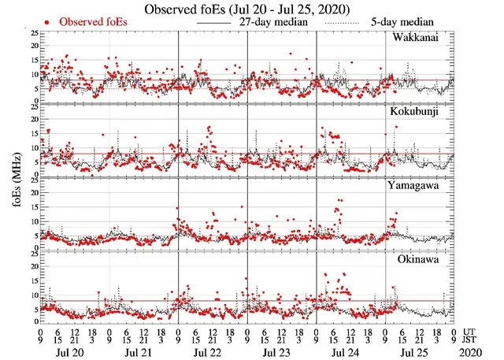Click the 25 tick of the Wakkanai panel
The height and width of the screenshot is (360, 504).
click(x=31, y=33)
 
